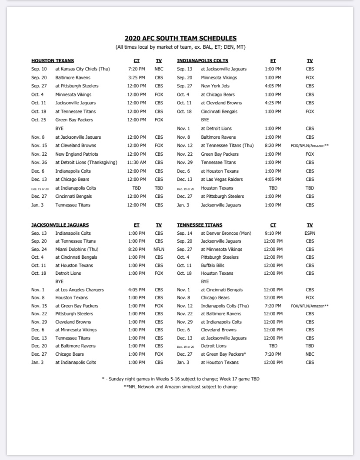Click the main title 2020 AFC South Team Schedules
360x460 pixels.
(180, 38)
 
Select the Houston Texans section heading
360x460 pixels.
(53, 61)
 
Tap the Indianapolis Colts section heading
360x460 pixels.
(203, 61)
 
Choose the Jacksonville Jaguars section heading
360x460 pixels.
(60, 225)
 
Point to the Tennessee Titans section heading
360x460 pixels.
(200, 225)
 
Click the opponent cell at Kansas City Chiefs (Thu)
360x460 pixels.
(83, 69)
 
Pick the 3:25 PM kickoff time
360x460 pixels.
(137, 77)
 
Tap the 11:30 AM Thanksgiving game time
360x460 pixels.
(137, 163)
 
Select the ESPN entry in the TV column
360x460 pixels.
(310, 233)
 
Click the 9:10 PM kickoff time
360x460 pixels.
(273, 233)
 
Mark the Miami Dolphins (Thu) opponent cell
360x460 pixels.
(77, 250)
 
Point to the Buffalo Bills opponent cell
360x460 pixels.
(213, 266)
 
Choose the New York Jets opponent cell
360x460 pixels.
(215, 86)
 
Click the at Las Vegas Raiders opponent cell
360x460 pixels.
(222, 180)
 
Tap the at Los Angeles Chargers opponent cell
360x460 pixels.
(80, 290)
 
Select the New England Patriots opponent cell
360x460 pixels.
(77, 154)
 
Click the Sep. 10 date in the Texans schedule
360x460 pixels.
(39, 69)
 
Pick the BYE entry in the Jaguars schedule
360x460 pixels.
(60, 282)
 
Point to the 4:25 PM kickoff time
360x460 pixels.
(273, 103)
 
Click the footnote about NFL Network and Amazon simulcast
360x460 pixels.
(180, 387)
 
